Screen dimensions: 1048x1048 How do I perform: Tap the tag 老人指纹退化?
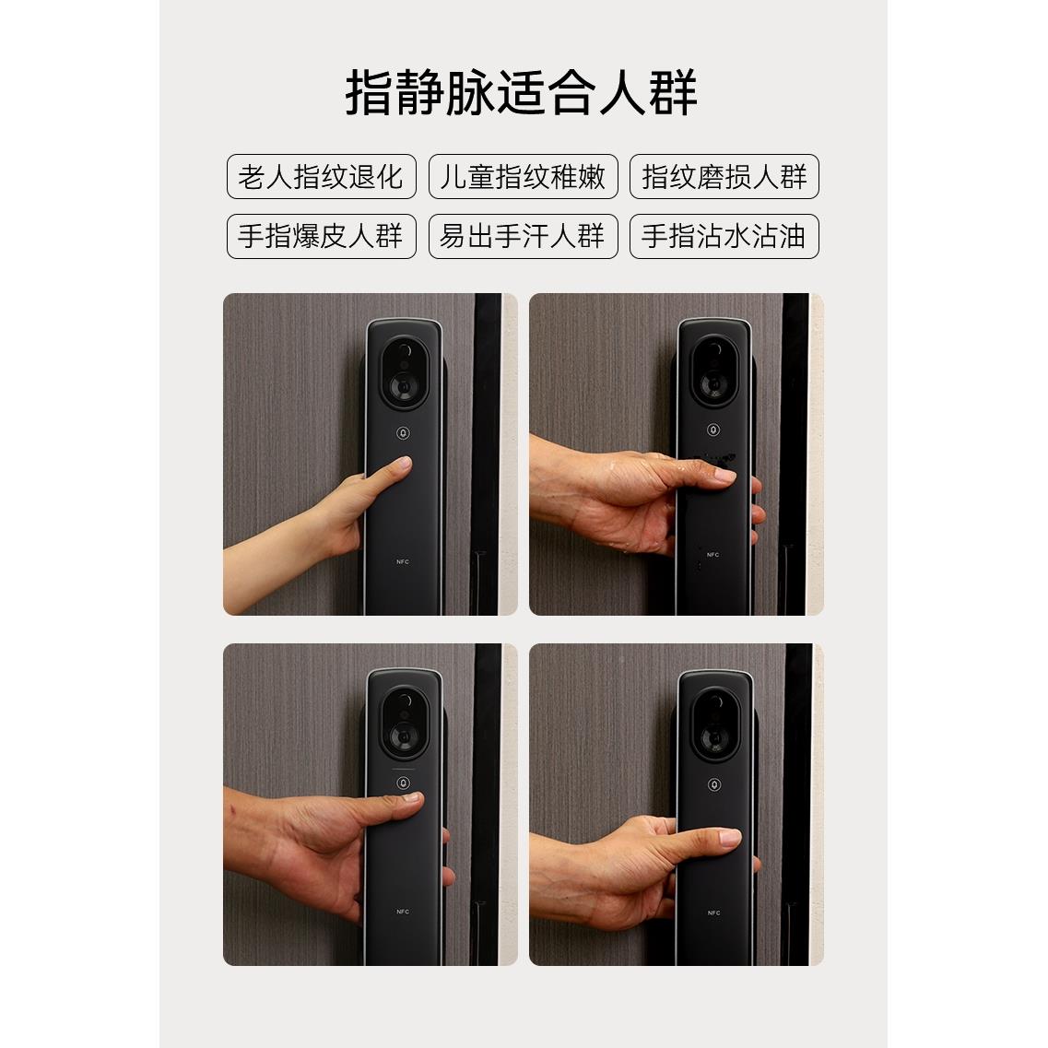pyautogui.click(x=321, y=176)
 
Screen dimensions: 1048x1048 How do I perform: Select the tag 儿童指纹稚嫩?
pyautogui.click(x=523, y=176)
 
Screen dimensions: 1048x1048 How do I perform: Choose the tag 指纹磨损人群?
pyautogui.click(x=724, y=176)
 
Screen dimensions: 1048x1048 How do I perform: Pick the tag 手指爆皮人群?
pyautogui.click(x=321, y=236)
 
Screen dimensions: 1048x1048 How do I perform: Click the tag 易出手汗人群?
pyautogui.click(x=523, y=236)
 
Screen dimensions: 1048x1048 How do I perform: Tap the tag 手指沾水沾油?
pyautogui.click(x=724, y=236)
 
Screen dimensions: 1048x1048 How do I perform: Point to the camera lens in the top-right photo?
pyautogui.click(x=713, y=383)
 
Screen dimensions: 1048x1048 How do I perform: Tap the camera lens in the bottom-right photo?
pyautogui.click(x=713, y=737)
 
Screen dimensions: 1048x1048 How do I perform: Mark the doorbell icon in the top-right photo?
pyautogui.click(x=713, y=430)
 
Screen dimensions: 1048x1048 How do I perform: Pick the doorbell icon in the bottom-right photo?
pyautogui.click(x=713, y=784)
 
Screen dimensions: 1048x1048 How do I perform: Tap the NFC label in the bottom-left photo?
pyautogui.click(x=403, y=912)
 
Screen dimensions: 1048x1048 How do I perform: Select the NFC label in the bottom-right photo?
pyautogui.click(x=713, y=913)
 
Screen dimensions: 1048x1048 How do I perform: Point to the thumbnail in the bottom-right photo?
pyautogui.click(x=727, y=838)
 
